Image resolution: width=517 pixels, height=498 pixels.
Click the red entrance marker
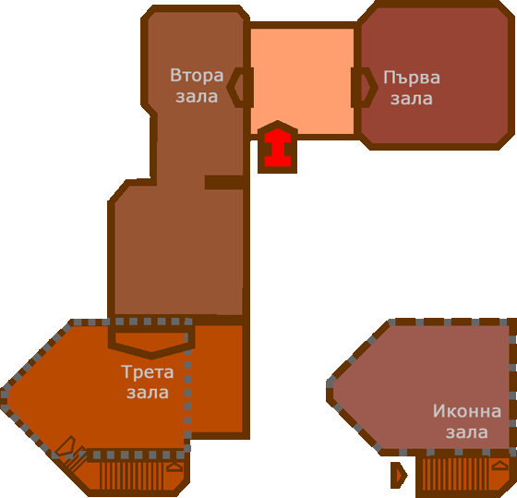tap(278, 147)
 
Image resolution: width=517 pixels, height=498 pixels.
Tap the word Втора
tap(197, 76)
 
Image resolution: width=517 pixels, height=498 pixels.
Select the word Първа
tap(412, 79)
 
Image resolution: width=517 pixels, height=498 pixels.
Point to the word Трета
tap(148, 372)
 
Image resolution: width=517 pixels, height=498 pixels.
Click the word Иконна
tap(467, 411)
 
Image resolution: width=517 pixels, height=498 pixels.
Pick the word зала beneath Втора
tap(197, 97)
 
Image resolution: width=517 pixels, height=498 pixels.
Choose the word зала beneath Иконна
tap(467, 432)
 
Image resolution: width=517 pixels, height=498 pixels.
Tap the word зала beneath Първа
tap(412, 99)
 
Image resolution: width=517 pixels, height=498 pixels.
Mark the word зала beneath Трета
tap(148, 393)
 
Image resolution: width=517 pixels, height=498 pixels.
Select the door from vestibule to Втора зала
tap(240, 88)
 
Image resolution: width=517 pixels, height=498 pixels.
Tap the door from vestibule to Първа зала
tap(365, 88)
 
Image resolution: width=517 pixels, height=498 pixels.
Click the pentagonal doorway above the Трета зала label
tap(151, 343)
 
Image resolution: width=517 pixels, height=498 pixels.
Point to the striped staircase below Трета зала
tap(131, 476)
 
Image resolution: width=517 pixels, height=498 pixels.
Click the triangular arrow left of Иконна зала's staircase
tap(399, 475)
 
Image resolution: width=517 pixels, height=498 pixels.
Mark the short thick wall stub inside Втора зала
tap(224, 182)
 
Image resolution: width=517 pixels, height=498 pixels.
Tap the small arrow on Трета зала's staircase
tap(174, 467)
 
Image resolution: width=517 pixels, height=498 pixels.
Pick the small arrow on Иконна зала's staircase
tap(499, 465)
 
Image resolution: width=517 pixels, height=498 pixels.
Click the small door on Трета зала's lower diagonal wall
tap(66, 447)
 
